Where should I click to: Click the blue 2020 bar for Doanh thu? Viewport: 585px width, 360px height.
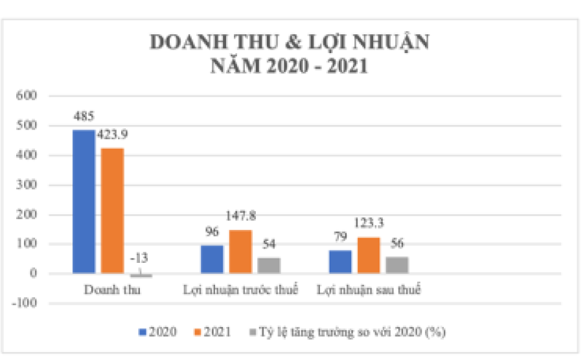(x=84, y=201)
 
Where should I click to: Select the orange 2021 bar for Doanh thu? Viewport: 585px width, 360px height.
(x=112, y=210)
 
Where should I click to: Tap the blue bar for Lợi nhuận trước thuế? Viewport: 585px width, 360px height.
(x=212, y=259)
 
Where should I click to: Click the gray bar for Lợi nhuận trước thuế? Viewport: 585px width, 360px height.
(x=269, y=265)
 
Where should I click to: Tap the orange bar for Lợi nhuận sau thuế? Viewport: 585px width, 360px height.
(x=369, y=255)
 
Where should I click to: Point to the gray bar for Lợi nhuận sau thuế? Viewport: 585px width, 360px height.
(x=397, y=265)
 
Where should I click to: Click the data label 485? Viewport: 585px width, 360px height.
(x=84, y=117)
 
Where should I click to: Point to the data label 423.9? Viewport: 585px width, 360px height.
(x=112, y=135)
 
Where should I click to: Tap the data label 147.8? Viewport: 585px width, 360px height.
(x=240, y=216)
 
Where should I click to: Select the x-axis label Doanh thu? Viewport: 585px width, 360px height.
(x=112, y=289)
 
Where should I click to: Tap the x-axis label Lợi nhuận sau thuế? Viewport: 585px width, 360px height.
(x=369, y=289)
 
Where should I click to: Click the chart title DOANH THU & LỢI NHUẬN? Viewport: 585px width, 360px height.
(x=290, y=42)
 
